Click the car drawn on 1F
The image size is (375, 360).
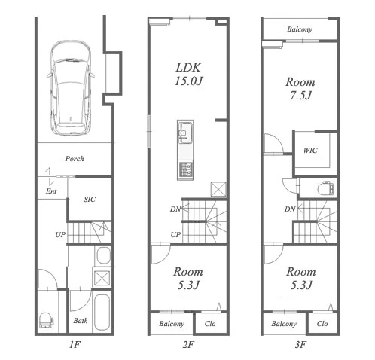(x=71, y=88)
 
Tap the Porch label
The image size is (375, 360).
(x=75, y=159)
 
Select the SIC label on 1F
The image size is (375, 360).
(x=90, y=200)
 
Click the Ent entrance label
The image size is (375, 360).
(x=51, y=191)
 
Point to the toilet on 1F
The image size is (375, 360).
(x=46, y=320)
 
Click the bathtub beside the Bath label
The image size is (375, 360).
(x=102, y=313)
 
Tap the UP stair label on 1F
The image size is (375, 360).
(x=60, y=235)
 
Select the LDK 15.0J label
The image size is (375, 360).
(x=188, y=75)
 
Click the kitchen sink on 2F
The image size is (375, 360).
(x=185, y=132)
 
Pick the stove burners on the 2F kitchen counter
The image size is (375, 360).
(x=185, y=169)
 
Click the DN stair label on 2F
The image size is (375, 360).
(x=175, y=209)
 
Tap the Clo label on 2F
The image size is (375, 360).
(x=210, y=324)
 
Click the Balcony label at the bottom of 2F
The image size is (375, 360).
(x=172, y=324)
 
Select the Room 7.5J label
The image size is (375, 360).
(x=300, y=89)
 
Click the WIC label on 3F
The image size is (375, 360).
(x=310, y=151)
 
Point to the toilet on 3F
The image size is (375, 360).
(x=325, y=188)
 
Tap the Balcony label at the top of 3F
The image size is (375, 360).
(x=300, y=29)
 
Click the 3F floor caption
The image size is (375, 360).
(x=300, y=345)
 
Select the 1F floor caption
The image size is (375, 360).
(x=75, y=345)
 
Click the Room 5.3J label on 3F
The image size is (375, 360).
(x=301, y=279)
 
